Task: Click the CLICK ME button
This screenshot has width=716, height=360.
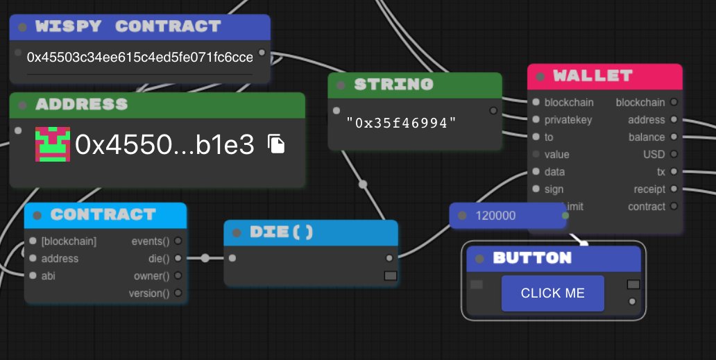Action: coord(552,293)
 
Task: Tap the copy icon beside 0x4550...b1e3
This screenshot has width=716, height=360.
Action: coord(277,144)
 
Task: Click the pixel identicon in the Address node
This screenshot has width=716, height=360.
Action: coord(53,144)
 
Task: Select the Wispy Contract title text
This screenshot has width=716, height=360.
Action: coord(128,27)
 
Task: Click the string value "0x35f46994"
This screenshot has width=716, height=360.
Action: coord(402,123)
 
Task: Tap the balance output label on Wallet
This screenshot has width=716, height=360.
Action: coord(647,137)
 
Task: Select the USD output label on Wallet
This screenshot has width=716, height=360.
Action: coord(654,155)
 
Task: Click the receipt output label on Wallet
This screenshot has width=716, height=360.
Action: coord(649,189)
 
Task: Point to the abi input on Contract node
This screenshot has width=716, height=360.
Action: coord(49,275)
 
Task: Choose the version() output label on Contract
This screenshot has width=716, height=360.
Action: coord(148,293)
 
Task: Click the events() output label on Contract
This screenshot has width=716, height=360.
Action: coord(150,241)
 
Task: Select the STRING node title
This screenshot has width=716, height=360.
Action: coord(393,85)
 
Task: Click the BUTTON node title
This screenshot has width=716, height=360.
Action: coord(531,258)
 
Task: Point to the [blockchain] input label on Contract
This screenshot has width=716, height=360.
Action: coord(68,241)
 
